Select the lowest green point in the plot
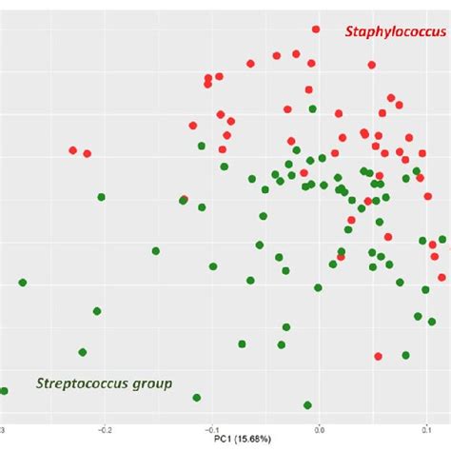(x=306, y=405)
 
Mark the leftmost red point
(x=72, y=150)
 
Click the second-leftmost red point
(x=88, y=153)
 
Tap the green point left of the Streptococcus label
(x=4, y=390)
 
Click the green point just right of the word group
(x=196, y=397)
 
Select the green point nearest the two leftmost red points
(x=101, y=197)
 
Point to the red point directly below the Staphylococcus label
(x=372, y=68)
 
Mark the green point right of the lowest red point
(x=405, y=355)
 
